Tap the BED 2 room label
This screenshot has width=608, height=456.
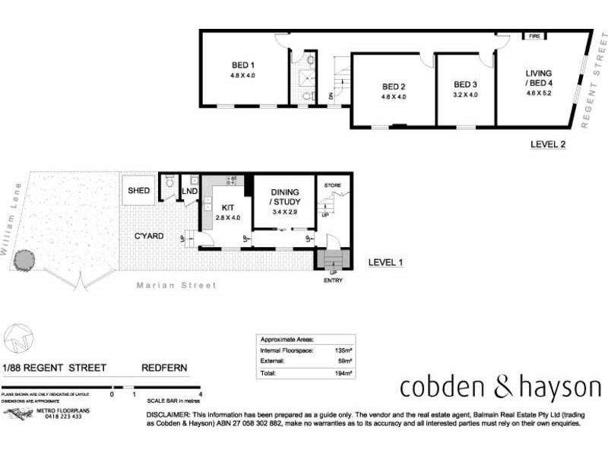(394, 86)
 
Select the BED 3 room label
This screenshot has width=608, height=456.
(465, 84)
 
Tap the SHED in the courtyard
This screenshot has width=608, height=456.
(139, 191)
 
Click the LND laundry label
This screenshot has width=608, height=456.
(188, 190)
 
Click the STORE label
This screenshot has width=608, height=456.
(333, 185)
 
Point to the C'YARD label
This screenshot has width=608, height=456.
(149, 236)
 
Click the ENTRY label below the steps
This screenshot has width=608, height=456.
(333, 280)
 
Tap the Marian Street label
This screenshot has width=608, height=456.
(176, 286)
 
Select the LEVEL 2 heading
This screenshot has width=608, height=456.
(548, 144)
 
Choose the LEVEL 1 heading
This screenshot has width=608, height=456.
(385, 262)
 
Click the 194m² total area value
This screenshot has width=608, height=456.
(344, 373)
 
